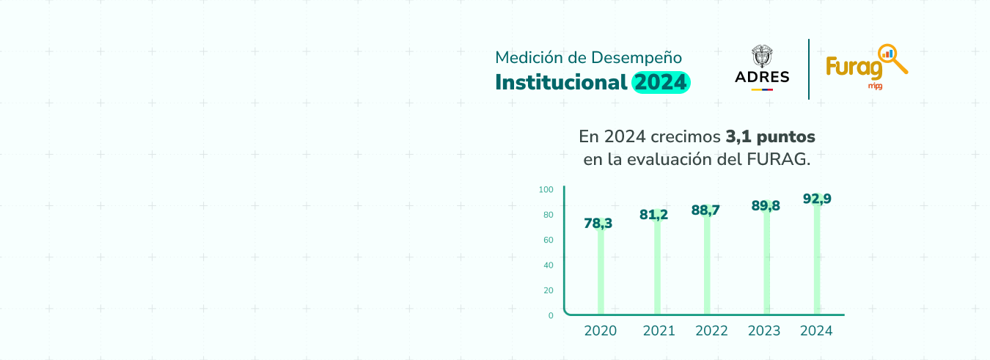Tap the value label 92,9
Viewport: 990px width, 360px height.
(x=817, y=199)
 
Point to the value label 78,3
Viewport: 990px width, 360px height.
(x=598, y=224)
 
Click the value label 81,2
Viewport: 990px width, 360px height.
(x=654, y=215)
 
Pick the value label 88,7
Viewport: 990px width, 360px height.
(x=705, y=210)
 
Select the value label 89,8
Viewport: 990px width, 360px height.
(x=766, y=206)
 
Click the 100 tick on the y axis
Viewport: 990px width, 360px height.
(x=546, y=190)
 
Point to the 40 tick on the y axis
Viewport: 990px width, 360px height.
(x=549, y=265)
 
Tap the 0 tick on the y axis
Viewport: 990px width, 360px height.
(x=551, y=315)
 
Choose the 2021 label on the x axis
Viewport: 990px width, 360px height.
(x=659, y=331)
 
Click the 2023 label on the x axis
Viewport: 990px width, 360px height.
(x=764, y=331)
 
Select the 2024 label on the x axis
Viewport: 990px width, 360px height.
(x=816, y=331)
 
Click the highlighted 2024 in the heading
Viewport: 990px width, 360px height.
(x=661, y=82)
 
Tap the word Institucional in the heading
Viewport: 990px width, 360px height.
(x=561, y=82)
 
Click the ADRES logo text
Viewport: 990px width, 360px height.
(x=762, y=77)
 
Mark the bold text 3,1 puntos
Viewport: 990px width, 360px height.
(x=770, y=137)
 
